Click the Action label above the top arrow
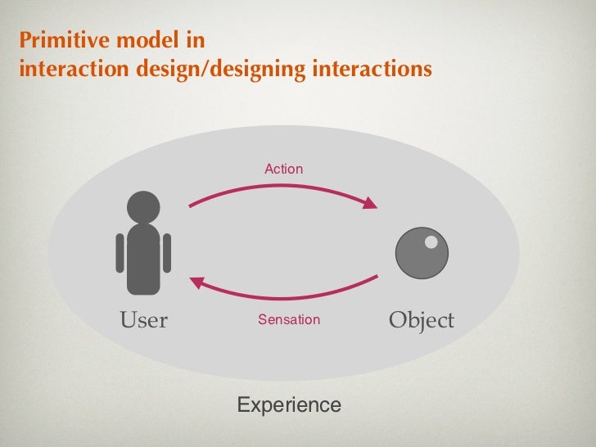[283, 169]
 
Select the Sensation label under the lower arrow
[289, 319]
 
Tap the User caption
[144, 320]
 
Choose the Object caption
[421, 320]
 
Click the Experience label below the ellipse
[288, 404]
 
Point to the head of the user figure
[144, 206]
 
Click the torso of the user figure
[144, 258]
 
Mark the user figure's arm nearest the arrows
[167, 252]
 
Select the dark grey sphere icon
[422, 253]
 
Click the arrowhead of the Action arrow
[371, 203]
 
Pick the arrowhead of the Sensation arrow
[196, 282]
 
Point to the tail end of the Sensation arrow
[376, 277]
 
